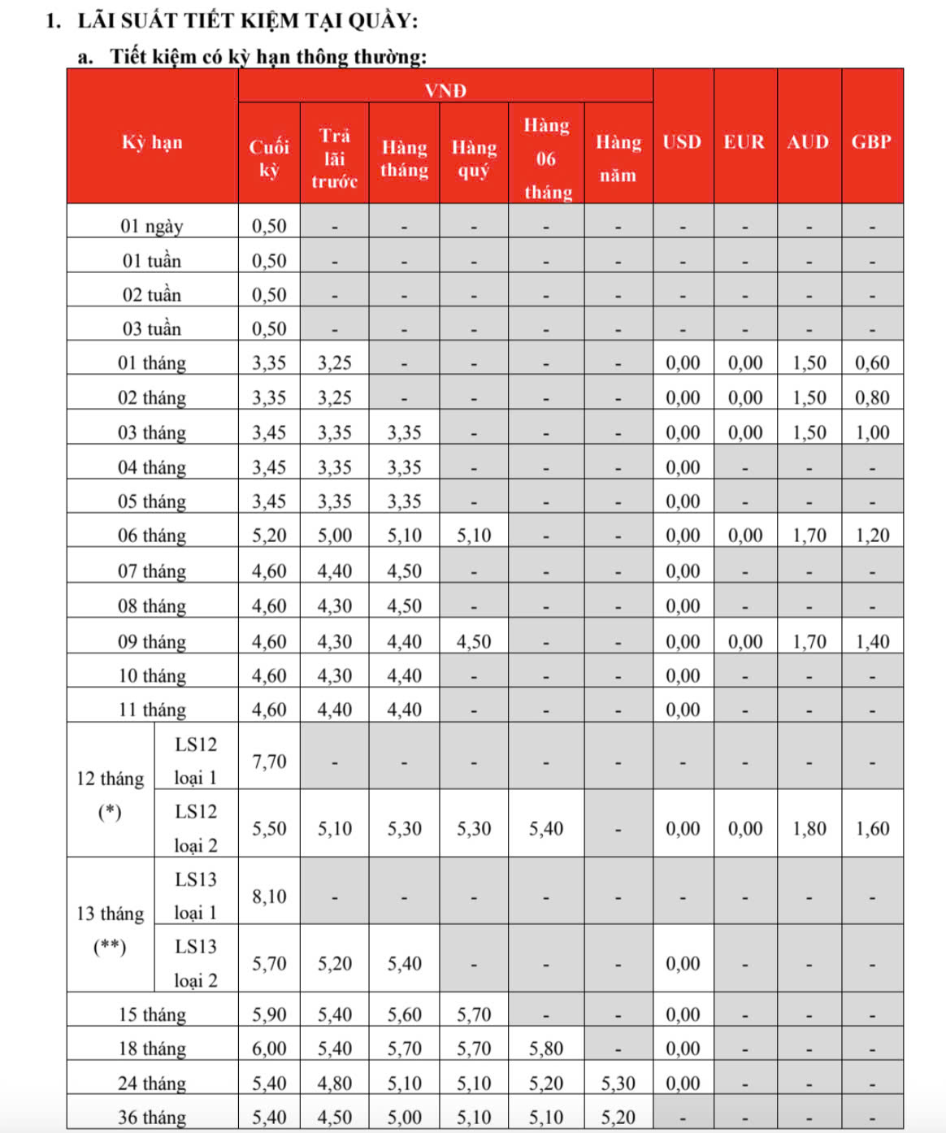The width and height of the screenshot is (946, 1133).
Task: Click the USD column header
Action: coord(682,142)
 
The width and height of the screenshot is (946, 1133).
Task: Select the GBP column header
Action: coord(871,142)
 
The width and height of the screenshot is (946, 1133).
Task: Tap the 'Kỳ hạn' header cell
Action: coord(152,142)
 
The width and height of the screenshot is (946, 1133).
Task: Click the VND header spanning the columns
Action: coord(445,90)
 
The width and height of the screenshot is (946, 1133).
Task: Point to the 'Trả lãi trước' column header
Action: coord(334,158)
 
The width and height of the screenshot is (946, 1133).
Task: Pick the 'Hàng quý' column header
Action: coord(474,158)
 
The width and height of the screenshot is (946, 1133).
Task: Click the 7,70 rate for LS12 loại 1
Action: coord(269,762)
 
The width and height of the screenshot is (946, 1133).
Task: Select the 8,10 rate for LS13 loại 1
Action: coord(269,896)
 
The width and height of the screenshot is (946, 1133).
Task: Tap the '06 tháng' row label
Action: coord(152,536)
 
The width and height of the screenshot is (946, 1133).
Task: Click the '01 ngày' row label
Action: coord(152,226)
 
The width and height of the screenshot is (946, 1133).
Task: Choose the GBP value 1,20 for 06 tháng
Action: coord(872,536)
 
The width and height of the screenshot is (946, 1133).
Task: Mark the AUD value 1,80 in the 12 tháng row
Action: coord(809,829)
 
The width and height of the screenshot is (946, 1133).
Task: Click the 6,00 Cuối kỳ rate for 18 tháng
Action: coord(269,1048)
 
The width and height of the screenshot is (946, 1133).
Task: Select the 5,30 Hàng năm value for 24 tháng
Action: coord(618,1083)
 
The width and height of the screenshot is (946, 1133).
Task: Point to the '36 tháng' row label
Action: coord(152,1118)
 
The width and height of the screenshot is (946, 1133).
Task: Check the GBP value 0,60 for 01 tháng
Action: coord(872,363)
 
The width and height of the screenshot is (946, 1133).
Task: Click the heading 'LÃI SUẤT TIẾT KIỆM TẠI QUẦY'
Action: coord(248,20)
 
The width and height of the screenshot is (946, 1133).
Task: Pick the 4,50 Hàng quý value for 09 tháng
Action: coord(474,642)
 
